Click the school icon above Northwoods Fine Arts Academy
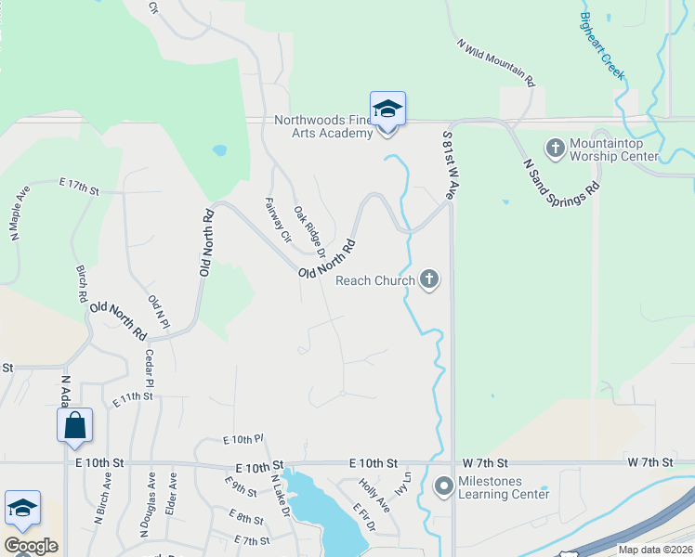coord(387,110)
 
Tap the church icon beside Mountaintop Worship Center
coord(555,149)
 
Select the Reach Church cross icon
coord(428,278)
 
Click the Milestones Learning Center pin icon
coord(444,486)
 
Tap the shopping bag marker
coord(74,426)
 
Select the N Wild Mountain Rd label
coord(497,62)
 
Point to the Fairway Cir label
coord(279,220)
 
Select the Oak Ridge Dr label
coord(309,232)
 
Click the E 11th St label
coord(131,398)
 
